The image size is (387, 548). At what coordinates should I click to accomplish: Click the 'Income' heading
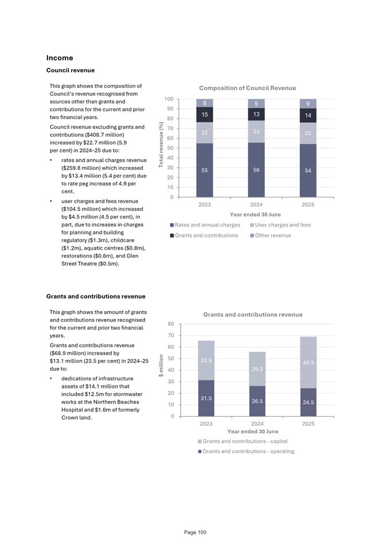pyautogui.click(x=60, y=58)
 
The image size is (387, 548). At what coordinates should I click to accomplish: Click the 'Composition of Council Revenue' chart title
pyautogui.click(x=247, y=88)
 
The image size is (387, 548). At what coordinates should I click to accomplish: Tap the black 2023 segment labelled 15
pyautogui.click(x=205, y=115)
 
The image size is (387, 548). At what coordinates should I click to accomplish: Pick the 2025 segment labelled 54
pyautogui.click(x=308, y=171)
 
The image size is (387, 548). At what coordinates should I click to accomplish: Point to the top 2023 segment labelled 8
pyautogui.click(x=205, y=103)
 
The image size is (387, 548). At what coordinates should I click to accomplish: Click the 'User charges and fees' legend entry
pyautogui.click(x=280, y=225)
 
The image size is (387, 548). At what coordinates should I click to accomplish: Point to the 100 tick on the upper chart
pyautogui.click(x=169, y=99)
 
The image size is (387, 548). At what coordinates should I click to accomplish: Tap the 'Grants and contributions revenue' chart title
pyautogui.click(x=253, y=314)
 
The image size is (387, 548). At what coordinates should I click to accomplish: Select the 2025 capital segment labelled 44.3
pyautogui.click(x=308, y=362)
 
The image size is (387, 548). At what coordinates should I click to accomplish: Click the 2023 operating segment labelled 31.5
pyautogui.click(x=206, y=398)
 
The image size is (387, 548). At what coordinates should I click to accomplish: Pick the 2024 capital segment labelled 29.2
pyautogui.click(x=257, y=368)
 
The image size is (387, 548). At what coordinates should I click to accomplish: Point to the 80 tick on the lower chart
pyautogui.click(x=171, y=324)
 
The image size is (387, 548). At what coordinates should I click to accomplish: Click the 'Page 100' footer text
pyautogui.click(x=195, y=533)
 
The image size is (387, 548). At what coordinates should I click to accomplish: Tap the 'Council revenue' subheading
pyautogui.click(x=70, y=71)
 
